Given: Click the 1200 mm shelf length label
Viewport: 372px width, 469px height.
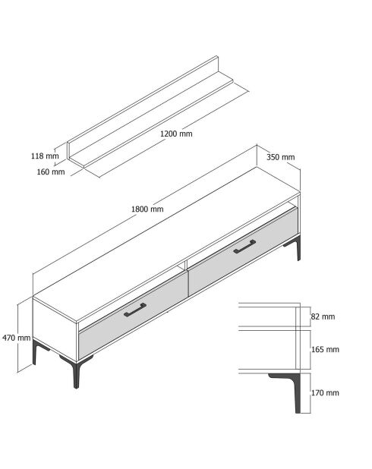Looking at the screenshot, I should coord(176,134).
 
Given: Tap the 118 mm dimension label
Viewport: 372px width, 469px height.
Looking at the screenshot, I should coord(44,156).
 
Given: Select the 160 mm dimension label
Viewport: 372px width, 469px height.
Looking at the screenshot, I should coord(50,172).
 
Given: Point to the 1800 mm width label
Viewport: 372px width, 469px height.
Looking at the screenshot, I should coord(147,209).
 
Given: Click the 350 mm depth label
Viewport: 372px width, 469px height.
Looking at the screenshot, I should coord(280,157).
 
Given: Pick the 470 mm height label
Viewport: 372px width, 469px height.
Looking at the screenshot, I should coord(16,338).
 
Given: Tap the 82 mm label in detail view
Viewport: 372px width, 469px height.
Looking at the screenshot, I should coord(323,316).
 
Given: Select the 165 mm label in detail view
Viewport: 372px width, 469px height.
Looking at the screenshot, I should coord(326,350).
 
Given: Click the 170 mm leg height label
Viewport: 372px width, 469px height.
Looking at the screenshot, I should coord(326,393).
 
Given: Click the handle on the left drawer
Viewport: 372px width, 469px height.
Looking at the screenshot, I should coord(134,308).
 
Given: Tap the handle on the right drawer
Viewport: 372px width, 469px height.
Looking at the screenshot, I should coord(245,247).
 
